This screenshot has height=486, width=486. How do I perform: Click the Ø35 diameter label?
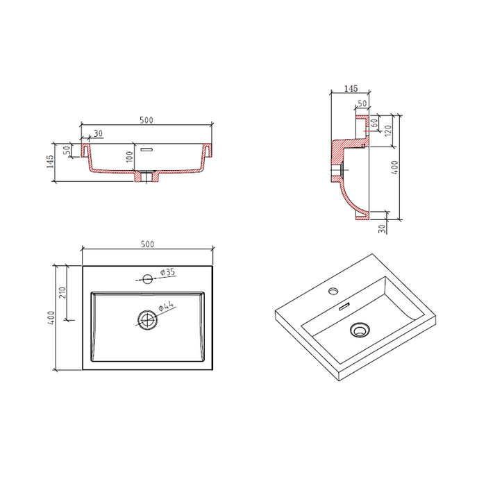168,272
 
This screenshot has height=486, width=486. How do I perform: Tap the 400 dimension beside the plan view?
51,318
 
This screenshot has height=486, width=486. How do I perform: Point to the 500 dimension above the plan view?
147,244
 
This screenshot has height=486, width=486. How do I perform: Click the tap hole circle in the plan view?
147,279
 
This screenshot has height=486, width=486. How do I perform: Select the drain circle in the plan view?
147,319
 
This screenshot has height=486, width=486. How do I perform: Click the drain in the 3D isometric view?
359,330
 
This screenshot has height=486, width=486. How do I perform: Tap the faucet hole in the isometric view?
333,291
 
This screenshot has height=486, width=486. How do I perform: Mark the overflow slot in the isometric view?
344,306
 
